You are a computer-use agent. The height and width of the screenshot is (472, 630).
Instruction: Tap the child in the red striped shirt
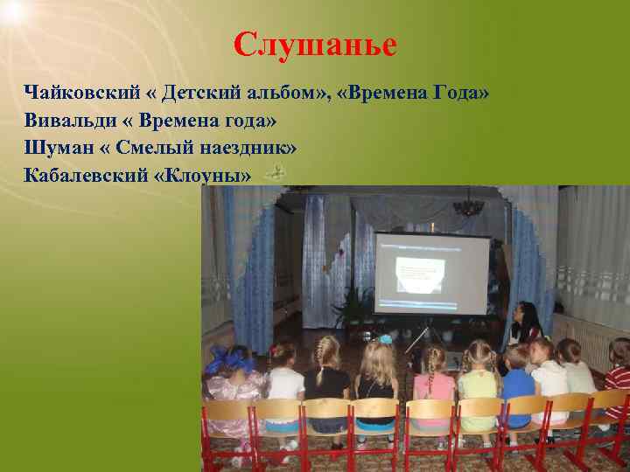pyautogui.click(x=619, y=381)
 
